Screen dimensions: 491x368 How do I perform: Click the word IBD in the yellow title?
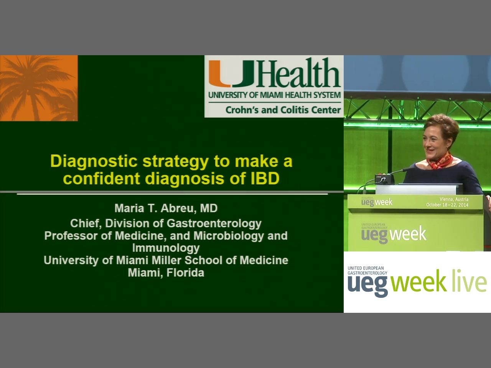click(265, 178)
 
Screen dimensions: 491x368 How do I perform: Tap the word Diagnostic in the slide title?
click(94, 161)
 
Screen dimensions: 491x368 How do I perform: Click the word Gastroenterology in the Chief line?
click(214, 223)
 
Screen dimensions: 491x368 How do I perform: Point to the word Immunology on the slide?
click(166, 248)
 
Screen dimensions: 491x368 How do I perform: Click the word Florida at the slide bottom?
click(185, 273)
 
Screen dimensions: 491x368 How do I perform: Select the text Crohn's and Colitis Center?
click(283, 110)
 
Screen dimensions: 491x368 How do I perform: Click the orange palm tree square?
click(39, 88)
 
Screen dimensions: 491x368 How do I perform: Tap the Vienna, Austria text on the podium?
click(454, 199)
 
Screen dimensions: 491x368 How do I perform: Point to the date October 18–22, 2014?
click(447, 205)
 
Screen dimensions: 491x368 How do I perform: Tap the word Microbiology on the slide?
click(229, 236)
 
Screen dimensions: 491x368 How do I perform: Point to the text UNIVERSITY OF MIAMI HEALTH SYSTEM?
click(275, 95)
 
